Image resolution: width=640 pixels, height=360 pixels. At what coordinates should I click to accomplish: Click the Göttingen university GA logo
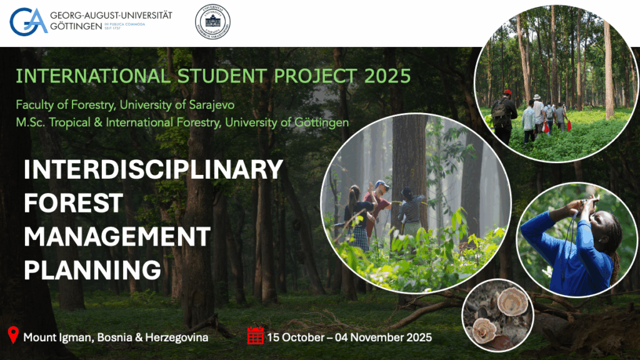pos(28,21)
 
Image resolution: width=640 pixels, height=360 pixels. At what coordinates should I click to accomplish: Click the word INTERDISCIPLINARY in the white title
pos(153,170)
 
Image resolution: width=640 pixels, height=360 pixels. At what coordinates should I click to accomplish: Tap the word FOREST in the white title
pos(73,203)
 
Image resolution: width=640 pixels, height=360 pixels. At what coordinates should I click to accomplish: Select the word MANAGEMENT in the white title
pos(117,236)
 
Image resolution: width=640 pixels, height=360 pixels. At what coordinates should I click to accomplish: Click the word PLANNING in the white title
pos(92,270)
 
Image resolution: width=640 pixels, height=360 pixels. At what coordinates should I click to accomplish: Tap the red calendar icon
pos(255,336)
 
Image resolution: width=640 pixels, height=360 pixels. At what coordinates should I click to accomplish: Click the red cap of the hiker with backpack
pos(507,92)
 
